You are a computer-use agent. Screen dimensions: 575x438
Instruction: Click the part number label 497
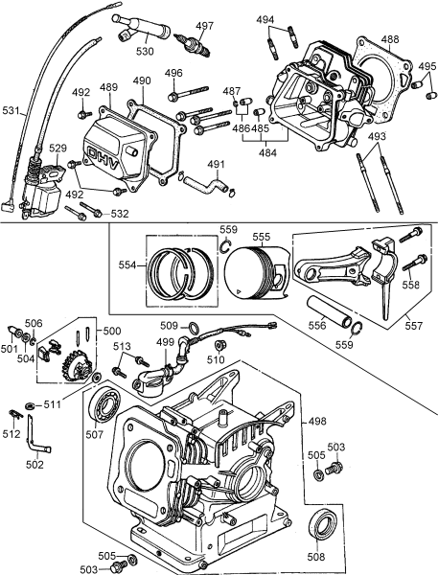[205, 26]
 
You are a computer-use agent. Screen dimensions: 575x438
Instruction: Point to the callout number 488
[390, 39]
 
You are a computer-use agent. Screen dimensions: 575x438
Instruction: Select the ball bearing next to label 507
[104, 406]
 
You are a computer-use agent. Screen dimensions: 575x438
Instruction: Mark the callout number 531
[11, 111]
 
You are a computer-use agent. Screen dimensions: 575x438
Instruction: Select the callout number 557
[413, 326]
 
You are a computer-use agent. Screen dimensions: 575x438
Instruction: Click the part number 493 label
[378, 136]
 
